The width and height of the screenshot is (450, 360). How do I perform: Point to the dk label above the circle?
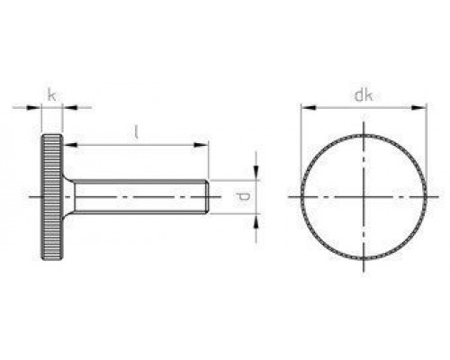pyautogui.click(x=363, y=93)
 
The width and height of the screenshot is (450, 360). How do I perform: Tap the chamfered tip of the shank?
pyautogui.click(x=209, y=195)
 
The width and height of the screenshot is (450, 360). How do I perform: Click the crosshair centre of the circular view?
pyautogui.click(x=363, y=195)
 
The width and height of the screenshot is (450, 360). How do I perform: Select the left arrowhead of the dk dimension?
pyautogui.click(x=304, y=107)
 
